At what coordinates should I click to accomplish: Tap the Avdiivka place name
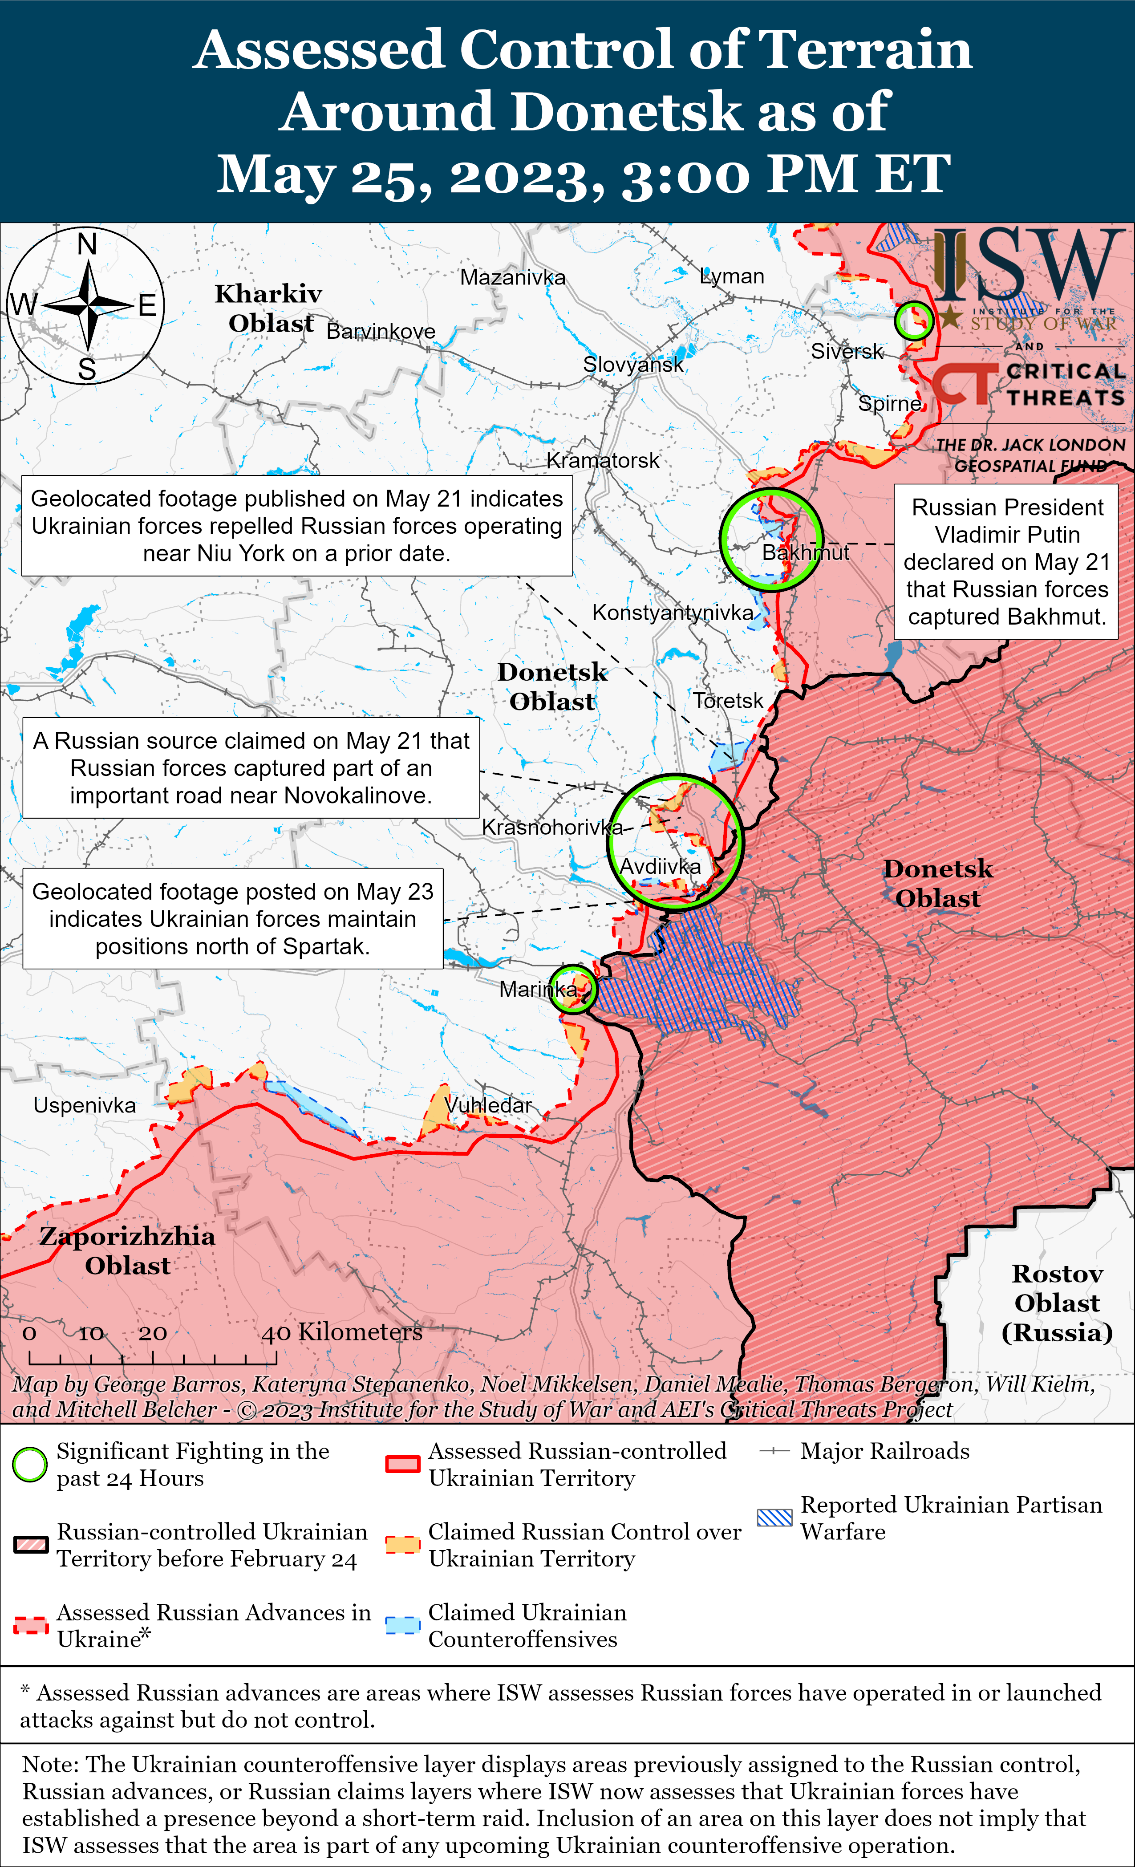tap(660, 866)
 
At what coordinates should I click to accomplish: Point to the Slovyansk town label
tap(632, 365)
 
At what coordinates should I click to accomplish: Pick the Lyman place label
tap(732, 276)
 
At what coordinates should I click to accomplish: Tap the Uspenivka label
tap(84, 1105)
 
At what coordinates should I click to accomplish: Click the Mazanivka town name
tap(512, 277)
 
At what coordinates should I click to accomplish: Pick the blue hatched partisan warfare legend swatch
tap(774, 1518)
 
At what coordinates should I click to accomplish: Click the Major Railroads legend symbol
tap(774, 1451)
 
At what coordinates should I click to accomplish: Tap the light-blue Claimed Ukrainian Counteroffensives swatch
tap(402, 1625)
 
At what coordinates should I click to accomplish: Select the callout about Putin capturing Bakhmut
tap(1006, 561)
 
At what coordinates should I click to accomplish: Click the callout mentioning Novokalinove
tap(251, 767)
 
